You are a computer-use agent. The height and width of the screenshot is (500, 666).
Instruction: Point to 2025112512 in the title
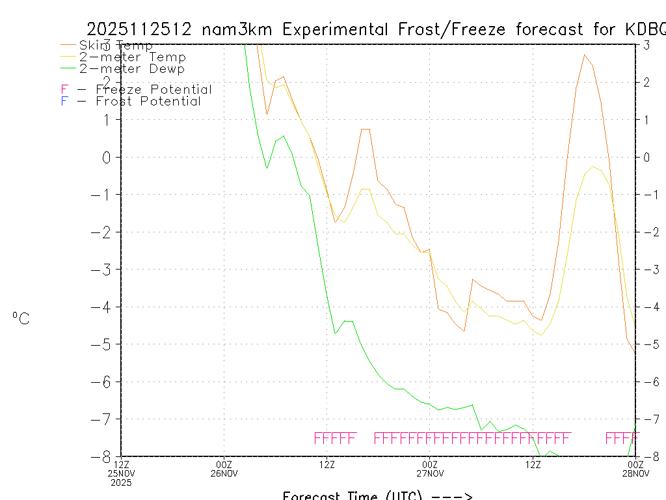[x=140, y=29]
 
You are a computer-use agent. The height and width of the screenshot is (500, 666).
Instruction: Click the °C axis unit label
[x=21, y=318]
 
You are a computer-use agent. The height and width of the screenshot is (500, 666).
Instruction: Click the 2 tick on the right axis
[x=646, y=82]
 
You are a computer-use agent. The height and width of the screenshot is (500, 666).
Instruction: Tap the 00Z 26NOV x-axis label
[x=224, y=469]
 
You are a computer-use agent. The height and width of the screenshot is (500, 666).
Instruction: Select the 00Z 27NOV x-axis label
[x=429, y=469]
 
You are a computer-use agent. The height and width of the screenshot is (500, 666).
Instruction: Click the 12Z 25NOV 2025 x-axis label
[x=122, y=473]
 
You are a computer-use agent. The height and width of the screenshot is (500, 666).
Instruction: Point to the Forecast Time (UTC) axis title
[x=377, y=495]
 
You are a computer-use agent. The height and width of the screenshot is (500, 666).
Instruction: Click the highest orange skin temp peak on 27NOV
[x=585, y=55]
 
